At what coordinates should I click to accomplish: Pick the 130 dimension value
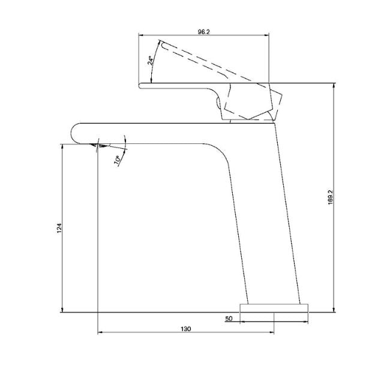pyautogui.click(x=185, y=329)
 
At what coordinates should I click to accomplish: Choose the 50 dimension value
pyautogui.click(x=229, y=319)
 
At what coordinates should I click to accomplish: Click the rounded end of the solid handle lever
pyautogui.click(x=142, y=85)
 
